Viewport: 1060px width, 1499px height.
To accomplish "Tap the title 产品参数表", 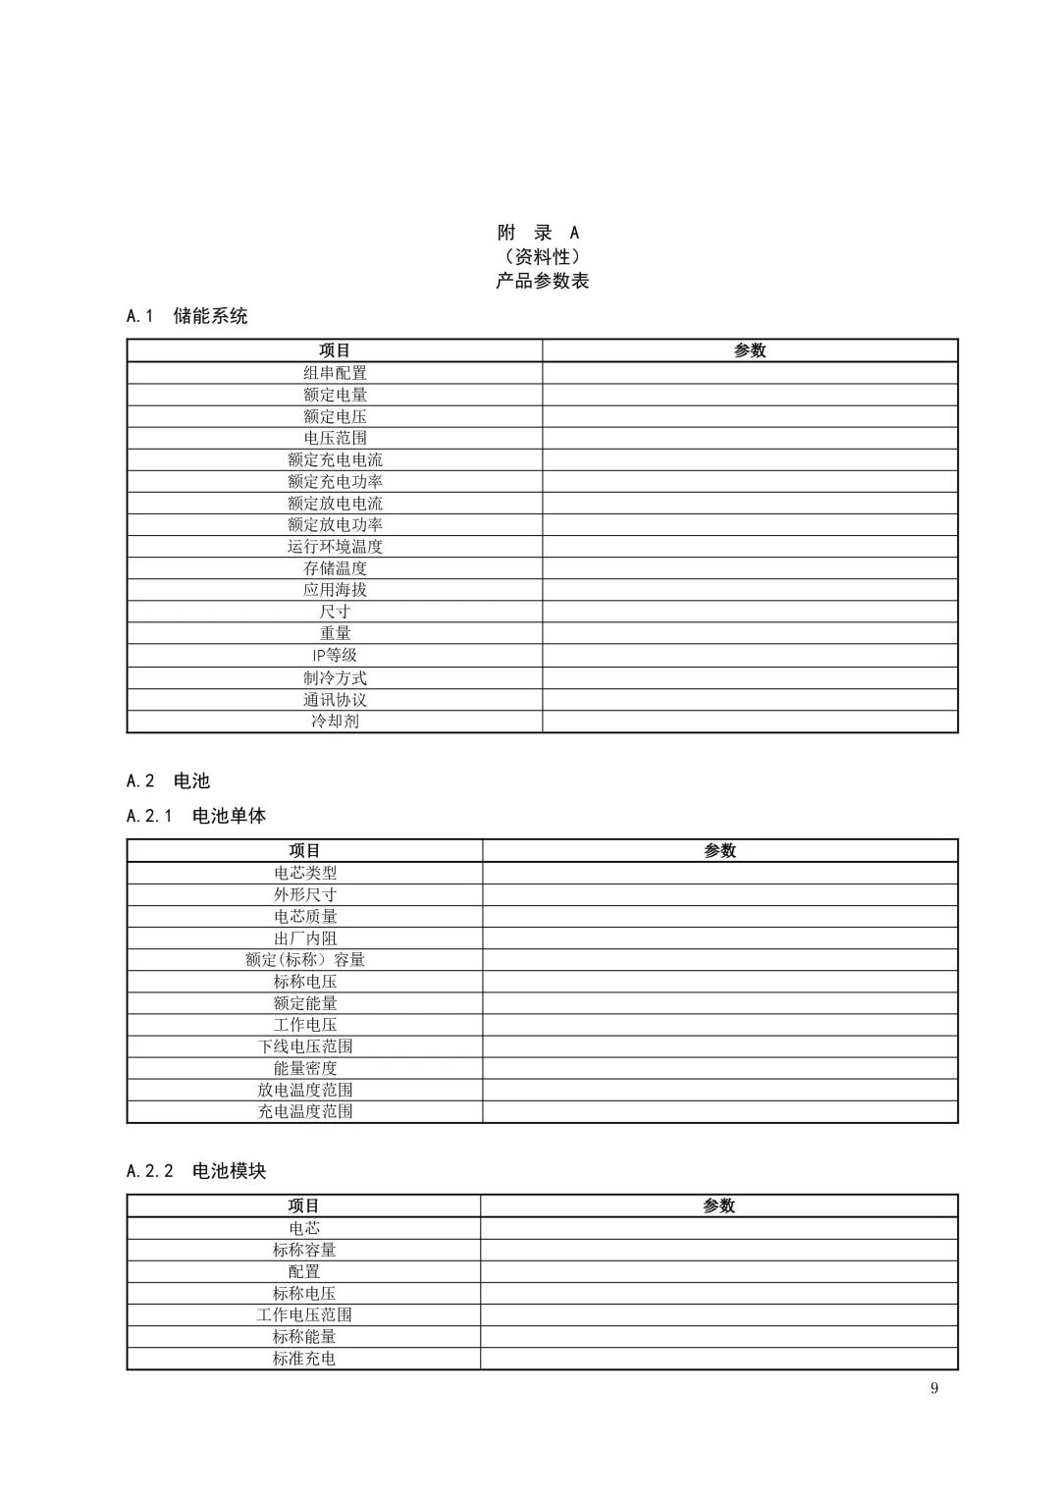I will coord(542,281).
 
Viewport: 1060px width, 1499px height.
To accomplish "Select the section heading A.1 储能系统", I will coord(187,316).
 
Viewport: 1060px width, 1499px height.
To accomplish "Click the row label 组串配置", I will coord(335,373).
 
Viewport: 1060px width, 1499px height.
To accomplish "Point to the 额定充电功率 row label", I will coord(335,481).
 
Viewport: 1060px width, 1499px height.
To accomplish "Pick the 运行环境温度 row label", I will coord(335,546).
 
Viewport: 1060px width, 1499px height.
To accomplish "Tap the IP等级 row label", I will coord(335,655).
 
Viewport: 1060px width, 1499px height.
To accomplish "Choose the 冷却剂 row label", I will coord(335,721).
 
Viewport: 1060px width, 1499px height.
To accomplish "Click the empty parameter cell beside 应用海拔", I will coord(750,590).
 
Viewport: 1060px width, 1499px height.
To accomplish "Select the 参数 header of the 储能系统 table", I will coord(750,350).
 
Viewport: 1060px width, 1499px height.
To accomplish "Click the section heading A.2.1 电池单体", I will coord(196,816).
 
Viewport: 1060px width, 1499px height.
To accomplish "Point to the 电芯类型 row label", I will coord(304,873).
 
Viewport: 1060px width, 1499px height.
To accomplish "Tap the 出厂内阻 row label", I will coord(304,937).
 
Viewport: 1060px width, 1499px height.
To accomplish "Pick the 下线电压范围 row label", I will coord(304,1046).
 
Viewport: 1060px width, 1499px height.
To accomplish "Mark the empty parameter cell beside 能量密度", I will coord(719,1068).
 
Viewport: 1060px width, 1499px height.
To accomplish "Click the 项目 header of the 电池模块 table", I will coord(303,1206).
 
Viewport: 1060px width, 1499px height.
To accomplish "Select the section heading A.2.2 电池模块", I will coord(196,1171).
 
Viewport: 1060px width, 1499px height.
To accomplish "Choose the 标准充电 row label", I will coord(303,1359).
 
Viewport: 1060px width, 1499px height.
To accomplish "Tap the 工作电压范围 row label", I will coord(303,1314).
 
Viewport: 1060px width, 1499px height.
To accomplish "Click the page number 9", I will coord(933,1388).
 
